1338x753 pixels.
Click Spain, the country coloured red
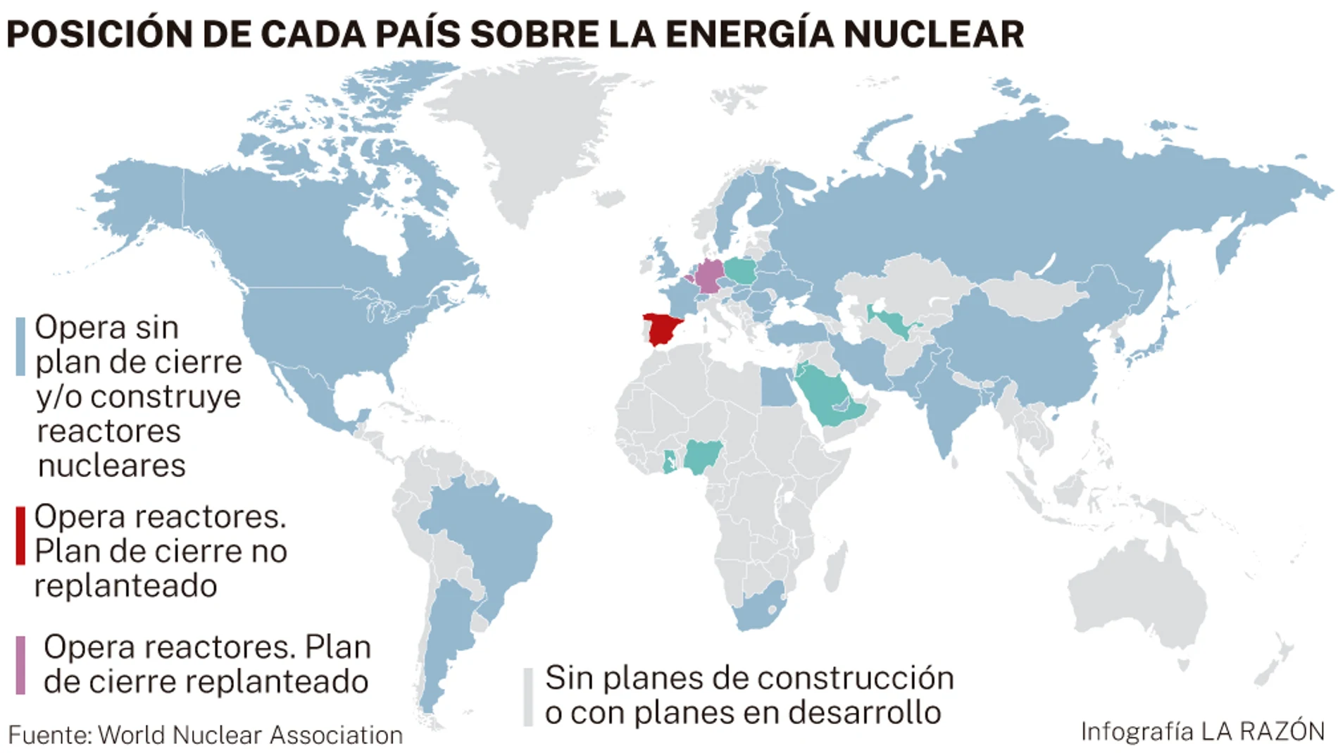pyautogui.click(x=662, y=329)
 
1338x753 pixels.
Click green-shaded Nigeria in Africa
pyautogui.click(x=704, y=456)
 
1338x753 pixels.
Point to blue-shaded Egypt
pyautogui.click(x=777, y=387)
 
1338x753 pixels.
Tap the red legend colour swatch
pyautogui.click(x=20, y=535)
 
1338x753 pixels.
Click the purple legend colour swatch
pyautogui.click(x=20, y=664)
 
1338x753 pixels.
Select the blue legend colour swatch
pyautogui.click(x=20, y=346)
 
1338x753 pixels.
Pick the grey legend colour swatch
pyautogui.click(x=528, y=696)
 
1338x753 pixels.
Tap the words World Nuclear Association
pyautogui.click(x=250, y=735)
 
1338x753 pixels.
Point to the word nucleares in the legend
pyautogui.click(x=111, y=466)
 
